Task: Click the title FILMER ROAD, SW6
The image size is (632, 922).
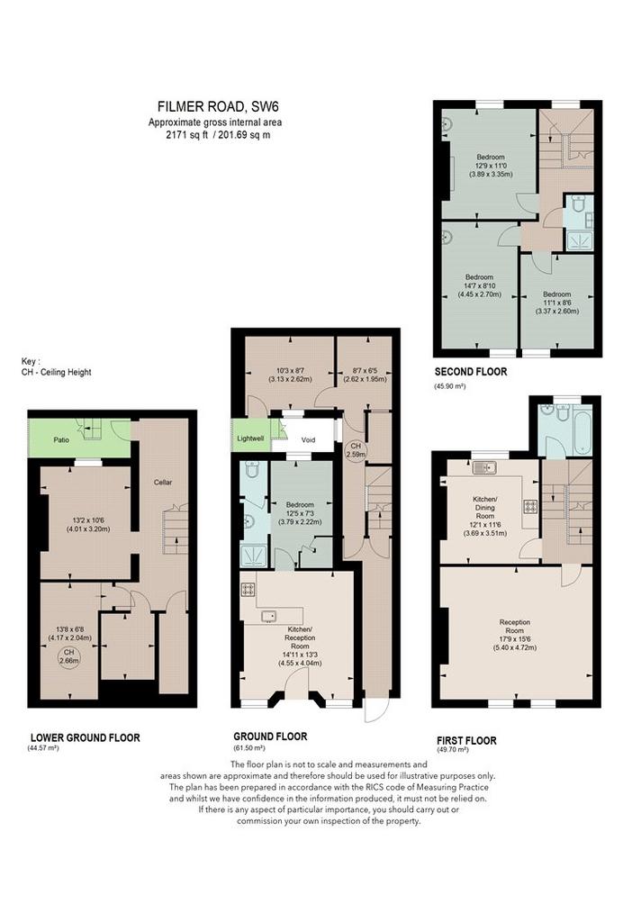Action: (218, 106)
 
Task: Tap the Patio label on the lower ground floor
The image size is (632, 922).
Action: (61, 439)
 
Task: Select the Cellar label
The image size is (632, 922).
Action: (163, 483)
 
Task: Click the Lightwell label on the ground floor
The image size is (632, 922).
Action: (250, 438)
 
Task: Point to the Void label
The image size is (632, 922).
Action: (308, 439)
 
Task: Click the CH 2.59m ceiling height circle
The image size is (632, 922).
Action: (356, 450)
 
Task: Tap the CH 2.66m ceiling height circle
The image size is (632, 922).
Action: (68, 656)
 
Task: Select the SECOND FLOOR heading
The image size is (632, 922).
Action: (470, 372)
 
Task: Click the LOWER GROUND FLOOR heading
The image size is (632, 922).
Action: (86, 737)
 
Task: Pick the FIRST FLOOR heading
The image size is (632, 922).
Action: (467, 740)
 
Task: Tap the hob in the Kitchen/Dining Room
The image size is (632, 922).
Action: (530, 506)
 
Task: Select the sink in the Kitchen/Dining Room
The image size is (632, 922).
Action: (484, 468)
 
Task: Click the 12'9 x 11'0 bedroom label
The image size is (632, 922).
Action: (491, 166)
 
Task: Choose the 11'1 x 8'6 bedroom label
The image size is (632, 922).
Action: (556, 303)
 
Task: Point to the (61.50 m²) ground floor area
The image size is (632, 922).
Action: (249, 748)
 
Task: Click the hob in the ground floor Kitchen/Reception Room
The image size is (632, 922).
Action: (248, 589)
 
